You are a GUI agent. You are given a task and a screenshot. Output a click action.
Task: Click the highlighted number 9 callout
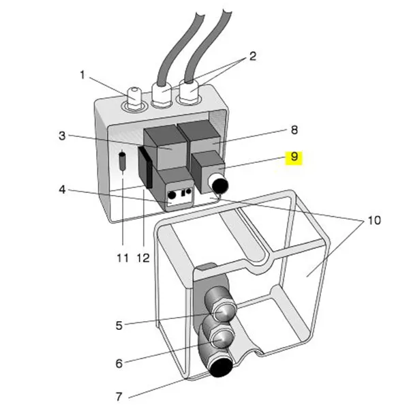tap(294, 157)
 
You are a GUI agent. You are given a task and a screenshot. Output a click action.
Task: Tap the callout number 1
tap(82, 75)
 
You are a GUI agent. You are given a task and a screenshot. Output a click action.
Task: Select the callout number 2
tap(252, 56)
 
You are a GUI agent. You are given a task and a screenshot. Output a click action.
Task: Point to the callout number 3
tap(62, 136)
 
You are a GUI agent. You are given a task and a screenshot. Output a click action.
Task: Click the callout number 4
tap(62, 190)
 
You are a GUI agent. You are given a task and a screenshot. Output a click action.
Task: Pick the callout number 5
tap(119, 325)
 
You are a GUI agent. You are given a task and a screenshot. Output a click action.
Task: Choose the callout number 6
tap(119, 363)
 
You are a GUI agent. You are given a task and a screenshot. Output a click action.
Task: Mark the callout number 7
tap(119, 397)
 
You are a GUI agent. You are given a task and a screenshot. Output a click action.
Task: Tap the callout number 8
tap(294, 130)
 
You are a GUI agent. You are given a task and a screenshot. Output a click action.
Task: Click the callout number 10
tap(374, 220)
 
